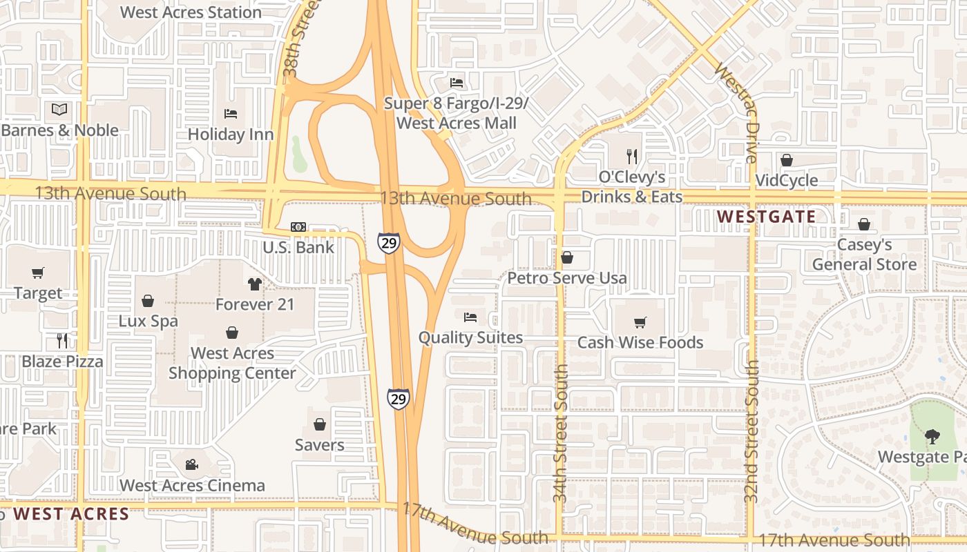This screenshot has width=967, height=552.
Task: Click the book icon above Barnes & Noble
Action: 59,109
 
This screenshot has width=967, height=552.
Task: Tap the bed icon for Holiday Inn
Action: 231,114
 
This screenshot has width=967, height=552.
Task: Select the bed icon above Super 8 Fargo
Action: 457,83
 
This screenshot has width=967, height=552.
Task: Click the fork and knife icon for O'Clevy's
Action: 631,156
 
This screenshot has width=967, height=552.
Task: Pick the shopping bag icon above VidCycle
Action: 786,160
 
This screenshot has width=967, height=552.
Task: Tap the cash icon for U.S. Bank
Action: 298,227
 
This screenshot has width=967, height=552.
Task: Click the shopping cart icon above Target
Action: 38,273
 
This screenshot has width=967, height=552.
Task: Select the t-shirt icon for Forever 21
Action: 255,284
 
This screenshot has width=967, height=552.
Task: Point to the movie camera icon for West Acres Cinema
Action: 192,464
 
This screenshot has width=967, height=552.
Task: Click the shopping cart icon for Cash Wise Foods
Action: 640,322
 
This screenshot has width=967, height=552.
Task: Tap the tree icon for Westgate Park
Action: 932,436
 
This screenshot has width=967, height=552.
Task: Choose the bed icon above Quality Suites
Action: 470,317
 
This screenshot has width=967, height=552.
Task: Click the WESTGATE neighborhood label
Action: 766,217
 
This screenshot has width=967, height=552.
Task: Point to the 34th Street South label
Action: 560,433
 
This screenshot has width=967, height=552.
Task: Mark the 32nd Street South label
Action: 752,431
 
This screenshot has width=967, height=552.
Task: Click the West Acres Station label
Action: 191,12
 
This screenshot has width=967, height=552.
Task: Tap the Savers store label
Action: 319,445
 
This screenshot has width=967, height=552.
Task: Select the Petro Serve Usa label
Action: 567,278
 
